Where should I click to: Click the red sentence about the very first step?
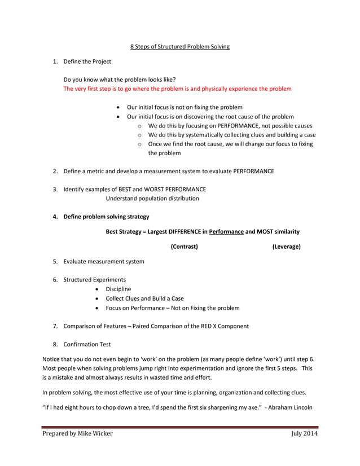pyautogui.click(x=177, y=89)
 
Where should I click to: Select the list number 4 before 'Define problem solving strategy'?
pyautogui.click(x=55, y=216)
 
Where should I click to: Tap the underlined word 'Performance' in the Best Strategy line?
pyautogui.click(x=226, y=231)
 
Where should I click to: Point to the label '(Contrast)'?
pyautogui.click(x=184, y=247)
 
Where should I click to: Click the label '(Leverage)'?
pyautogui.click(x=286, y=247)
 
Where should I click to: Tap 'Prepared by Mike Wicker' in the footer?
pyautogui.click(x=78, y=433)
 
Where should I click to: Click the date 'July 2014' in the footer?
pyautogui.click(x=305, y=433)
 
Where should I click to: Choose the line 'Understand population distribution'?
pyautogui.click(x=152, y=198)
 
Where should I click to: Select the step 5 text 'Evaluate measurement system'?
pyautogui.click(x=103, y=261)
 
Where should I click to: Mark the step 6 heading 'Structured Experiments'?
pyautogui.click(x=94, y=279)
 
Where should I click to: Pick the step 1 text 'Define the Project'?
pyautogui.click(x=87, y=61)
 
